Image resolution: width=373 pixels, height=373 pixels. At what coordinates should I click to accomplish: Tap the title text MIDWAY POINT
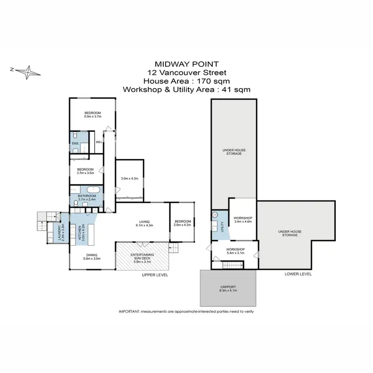pos(186,64)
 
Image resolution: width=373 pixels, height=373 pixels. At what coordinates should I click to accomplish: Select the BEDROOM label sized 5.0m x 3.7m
pos(93,114)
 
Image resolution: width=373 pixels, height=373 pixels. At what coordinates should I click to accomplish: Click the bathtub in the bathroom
pos(93,190)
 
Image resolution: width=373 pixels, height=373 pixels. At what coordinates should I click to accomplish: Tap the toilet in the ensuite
pos(74,136)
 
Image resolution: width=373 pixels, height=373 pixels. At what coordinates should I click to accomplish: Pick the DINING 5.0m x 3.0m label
pos(92,257)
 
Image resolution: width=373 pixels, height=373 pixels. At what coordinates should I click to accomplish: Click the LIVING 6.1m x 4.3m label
pos(144,224)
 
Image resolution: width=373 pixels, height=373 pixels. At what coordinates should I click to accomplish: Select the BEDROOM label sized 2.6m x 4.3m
pos(183,224)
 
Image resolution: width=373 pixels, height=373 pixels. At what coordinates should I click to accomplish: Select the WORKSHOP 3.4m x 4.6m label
pos(243,220)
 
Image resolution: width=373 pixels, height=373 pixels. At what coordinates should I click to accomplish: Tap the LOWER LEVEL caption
pos(298,274)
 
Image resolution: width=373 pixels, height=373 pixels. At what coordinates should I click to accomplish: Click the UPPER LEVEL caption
pos(155,275)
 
